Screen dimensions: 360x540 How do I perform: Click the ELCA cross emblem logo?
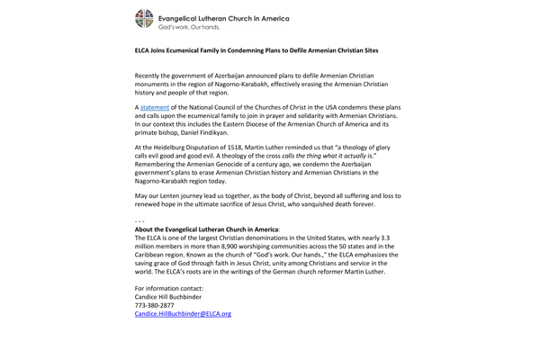point(145,20)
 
